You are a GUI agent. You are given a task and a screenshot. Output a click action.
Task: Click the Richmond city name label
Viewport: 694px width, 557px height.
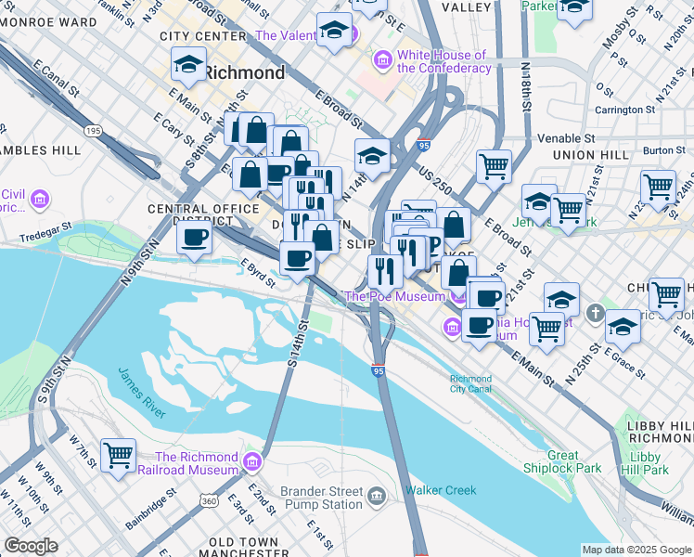click(x=244, y=71)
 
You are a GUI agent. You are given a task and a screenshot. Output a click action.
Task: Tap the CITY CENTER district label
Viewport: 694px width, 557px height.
click(x=202, y=36)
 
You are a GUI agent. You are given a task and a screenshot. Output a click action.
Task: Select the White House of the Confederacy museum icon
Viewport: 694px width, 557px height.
click(x=381, y=61)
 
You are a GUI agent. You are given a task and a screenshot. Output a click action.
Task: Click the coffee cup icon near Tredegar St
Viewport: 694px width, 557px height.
click(x=194, y=238)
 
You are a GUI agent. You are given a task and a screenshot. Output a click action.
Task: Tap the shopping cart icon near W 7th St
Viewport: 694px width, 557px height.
click(x=118, y=455)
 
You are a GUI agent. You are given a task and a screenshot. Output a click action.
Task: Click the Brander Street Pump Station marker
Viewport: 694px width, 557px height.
click(x=376, y=497)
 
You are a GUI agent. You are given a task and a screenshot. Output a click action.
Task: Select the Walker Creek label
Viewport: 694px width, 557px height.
click(x=441, y=490)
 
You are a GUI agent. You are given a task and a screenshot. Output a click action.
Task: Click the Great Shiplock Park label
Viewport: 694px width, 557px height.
click(x=562, y=462)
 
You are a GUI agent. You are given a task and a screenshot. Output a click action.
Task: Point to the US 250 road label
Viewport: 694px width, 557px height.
click(x=434, y=174)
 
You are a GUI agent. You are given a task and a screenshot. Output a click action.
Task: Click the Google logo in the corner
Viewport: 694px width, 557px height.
click(x=30, y=546)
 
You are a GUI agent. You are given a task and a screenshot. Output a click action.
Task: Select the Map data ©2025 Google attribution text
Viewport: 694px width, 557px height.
click(x=636, y=550)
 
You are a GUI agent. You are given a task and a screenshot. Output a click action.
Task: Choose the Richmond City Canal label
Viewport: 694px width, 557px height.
click(x=470, y=384)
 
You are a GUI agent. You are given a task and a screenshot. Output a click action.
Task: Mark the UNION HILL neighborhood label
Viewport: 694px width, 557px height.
click(x=584, y=155)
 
